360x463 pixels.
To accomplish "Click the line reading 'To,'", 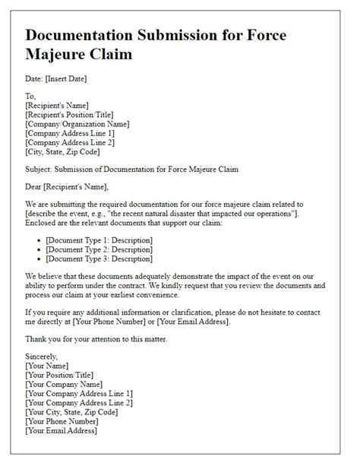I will (x=32, y=96).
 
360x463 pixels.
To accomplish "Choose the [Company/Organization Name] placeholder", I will (x=77, y=123).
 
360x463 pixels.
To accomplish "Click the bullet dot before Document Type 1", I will (x=38, y=240).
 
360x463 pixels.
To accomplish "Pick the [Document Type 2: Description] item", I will (x=99, y=249).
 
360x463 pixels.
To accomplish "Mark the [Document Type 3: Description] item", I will (x=99, y=258).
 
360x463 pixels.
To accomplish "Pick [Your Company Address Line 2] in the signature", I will (x=79, y=402).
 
